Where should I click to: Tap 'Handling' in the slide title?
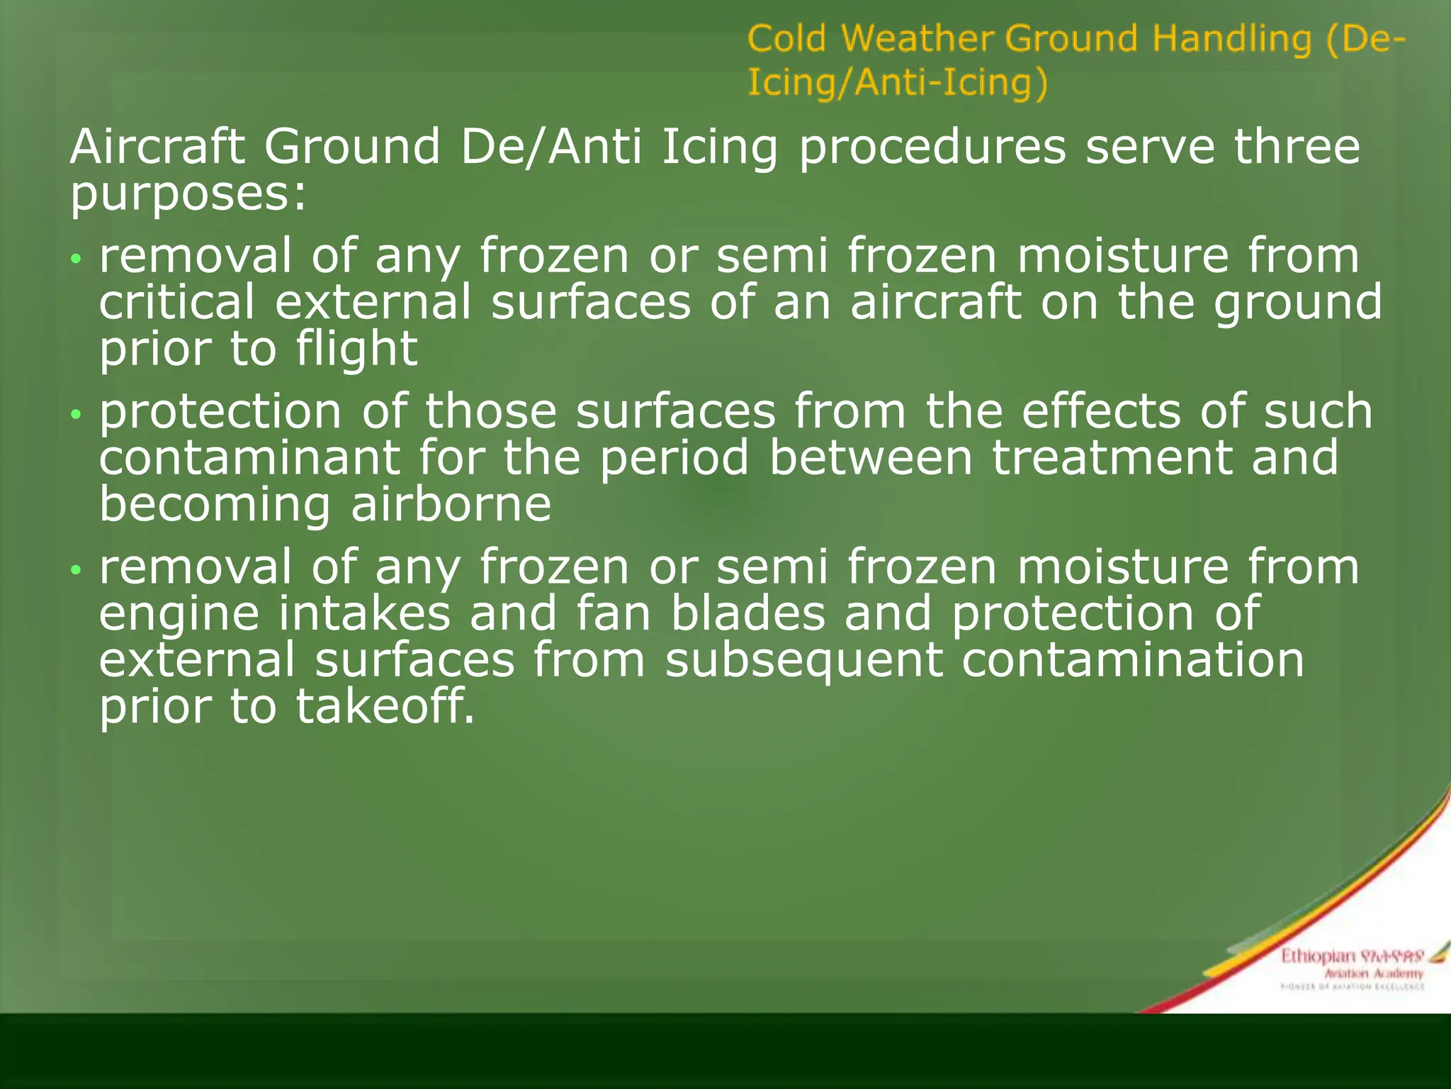1232,38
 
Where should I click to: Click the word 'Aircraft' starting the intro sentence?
157,147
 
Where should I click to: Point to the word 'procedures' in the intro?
932,147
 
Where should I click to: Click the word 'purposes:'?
188,193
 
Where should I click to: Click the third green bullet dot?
77,569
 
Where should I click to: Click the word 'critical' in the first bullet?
176,302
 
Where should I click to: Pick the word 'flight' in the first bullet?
357,349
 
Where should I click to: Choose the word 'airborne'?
451,504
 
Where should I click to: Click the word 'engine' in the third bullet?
179,614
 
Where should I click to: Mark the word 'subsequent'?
804,660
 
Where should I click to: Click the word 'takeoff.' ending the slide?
385,707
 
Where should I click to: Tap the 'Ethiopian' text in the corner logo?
1317,956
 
